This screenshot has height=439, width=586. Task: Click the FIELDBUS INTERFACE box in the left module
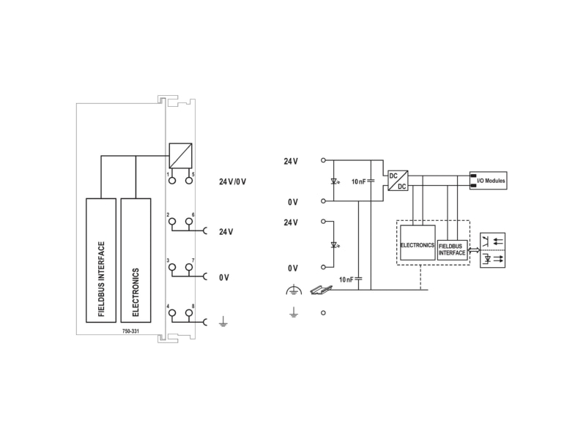[101, 260]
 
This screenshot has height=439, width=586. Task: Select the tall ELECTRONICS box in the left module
[136, 260]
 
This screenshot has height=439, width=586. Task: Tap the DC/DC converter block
[398, 181]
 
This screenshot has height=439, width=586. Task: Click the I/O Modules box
[488, 181]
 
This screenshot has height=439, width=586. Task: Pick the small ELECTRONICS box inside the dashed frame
[418, 243]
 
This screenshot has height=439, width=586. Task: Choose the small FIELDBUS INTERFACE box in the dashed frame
[452, 249]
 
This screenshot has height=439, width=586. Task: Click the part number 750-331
[130, 331]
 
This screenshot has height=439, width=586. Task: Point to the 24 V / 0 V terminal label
[232, 181]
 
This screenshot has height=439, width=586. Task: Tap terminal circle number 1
[172, 181]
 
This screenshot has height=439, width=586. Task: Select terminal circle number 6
[189, 222]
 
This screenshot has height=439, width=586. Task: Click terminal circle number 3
[172, 267]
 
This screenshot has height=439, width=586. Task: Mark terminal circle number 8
[189, 312]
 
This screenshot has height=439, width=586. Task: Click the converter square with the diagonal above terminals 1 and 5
[180, 155]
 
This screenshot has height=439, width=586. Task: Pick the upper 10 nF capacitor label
[358, 181]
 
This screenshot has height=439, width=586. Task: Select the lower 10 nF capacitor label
[346, 279]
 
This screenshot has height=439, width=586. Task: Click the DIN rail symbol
[322, 290]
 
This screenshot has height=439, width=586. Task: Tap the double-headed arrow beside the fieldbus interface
[474, 250]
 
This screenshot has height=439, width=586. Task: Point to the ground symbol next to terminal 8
[223, 321]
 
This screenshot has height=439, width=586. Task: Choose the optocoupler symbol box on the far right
[492, 250]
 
